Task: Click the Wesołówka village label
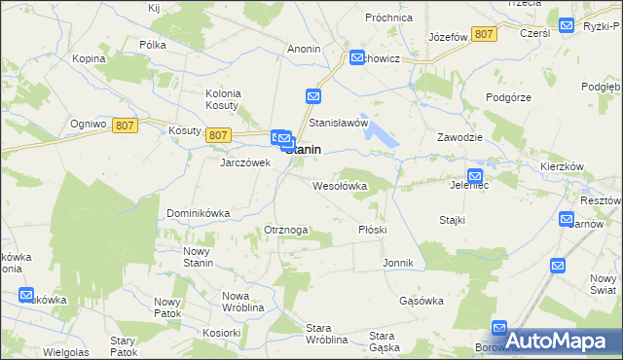339,185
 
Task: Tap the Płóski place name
373,230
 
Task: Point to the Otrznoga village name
286,230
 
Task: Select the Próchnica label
390,18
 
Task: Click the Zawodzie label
460,137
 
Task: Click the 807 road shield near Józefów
484,34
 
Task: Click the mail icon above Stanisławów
313,96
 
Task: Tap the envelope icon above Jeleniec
474,175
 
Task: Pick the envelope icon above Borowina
499,329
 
